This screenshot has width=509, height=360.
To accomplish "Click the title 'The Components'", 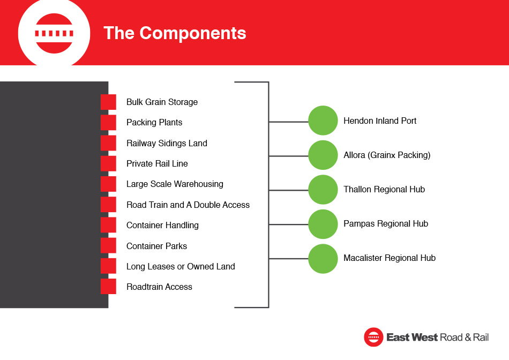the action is click(175, 33).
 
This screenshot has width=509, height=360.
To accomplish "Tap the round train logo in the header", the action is click(54, 33).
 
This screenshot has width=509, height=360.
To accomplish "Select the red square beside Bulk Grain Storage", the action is click(108, 102).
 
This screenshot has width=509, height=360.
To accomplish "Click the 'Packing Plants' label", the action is click(154, 122).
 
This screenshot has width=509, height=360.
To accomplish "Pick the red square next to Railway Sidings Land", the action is click(108, 143).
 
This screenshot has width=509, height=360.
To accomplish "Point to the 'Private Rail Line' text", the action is click(157, 163).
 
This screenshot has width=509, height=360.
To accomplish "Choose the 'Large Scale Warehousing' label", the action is click(175, 184).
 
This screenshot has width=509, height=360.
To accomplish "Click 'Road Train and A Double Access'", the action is click(188, 205).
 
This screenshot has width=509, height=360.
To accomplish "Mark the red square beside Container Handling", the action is click(108, 225).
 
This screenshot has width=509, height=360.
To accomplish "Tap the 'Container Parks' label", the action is click(156, 246).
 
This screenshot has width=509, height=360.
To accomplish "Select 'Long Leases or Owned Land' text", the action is click(181, 266).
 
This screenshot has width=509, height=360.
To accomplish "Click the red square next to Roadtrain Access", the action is click(108, 287).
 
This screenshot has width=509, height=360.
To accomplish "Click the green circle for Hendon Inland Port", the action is click(323, 121).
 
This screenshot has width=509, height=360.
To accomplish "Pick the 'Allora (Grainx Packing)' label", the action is click(387, 155).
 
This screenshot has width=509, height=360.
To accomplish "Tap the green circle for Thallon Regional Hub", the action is click(323, 190).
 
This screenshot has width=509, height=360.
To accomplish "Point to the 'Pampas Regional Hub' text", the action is click(386, 224).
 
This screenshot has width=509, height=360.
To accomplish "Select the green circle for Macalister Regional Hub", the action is click(323, 259).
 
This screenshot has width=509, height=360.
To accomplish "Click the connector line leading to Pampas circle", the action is click(289, 224).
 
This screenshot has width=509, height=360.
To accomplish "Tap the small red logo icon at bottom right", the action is click(373, 337).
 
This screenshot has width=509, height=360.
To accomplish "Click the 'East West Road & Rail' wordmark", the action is click(437, 337).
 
